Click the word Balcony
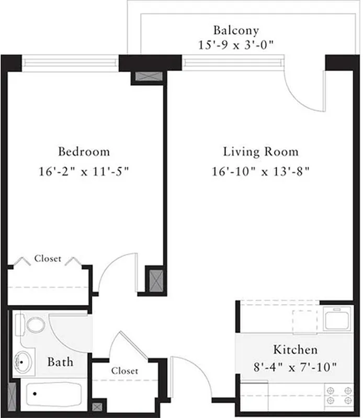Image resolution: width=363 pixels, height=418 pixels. [x=235, y=30]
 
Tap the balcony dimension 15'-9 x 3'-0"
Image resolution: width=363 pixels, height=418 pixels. [x=235, y=45]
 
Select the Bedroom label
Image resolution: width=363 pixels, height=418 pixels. [x=84, y=152]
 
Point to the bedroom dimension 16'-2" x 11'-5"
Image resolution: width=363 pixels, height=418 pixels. [x=84, y=171]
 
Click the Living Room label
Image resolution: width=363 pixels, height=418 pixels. [x=260, y=152]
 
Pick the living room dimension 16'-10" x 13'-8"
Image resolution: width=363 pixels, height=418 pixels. [x=260, y=171]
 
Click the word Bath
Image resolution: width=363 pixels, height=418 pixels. [x=60, y=362]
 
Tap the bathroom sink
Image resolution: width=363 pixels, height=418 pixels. [x=23, y=361]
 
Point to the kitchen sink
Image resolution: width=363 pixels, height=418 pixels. [x=337, y=318]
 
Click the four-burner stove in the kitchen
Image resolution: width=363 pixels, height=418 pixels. [x=338, y=396]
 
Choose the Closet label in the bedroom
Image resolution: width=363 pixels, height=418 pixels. [x=48, y=259]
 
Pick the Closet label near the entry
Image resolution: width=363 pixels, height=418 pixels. [x=124, y=371]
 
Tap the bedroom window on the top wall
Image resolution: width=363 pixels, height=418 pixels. [x=70, y=63]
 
